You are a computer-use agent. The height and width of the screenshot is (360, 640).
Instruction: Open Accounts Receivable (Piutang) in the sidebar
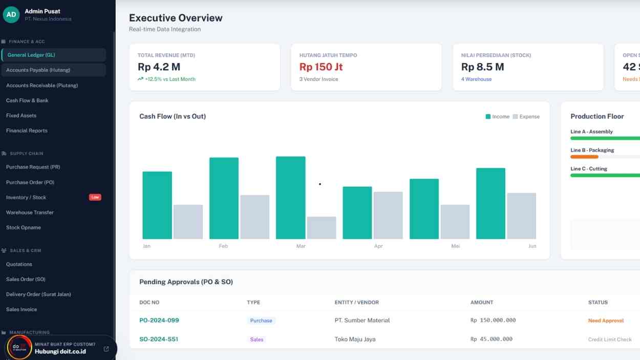[42, 86]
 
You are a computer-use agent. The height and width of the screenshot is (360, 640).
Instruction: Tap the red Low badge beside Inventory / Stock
[95, 197]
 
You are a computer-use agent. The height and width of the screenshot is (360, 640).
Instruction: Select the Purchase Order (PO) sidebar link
[30, 182]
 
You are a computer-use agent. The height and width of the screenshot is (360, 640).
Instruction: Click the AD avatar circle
[11, 14]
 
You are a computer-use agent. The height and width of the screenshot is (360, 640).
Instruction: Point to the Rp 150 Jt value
[321, 67]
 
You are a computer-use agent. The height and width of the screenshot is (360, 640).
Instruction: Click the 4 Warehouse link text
[476, 79]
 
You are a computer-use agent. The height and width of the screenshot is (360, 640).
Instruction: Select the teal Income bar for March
[290, 198]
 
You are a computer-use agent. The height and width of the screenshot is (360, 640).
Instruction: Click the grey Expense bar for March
[322, 228]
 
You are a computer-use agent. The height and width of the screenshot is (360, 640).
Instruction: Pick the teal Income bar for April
[357, 213]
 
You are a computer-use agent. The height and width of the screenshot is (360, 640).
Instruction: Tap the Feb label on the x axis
[223, 246]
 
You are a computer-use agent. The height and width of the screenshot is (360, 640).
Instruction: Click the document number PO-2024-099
[159, 321]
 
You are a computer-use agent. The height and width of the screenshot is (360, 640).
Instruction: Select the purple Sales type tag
[257, 340]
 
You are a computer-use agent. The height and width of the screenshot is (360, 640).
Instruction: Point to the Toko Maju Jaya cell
[355, 339]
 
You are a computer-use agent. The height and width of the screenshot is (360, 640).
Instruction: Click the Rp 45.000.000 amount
[491, 339]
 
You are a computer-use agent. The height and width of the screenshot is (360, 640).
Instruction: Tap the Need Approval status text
[606, 321]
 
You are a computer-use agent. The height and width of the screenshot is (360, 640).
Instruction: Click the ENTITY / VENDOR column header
[356, 303]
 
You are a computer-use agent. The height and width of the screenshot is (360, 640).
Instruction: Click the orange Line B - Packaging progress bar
[584, 157]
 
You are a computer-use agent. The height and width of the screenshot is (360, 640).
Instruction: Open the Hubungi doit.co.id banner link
[60, 351]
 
